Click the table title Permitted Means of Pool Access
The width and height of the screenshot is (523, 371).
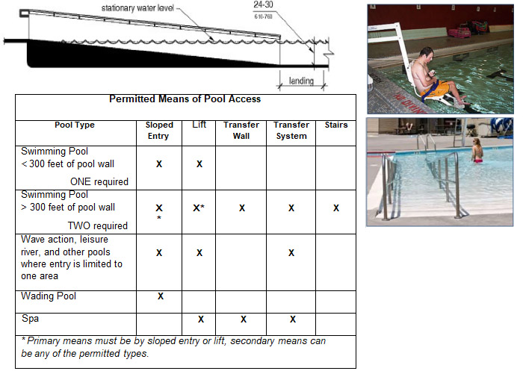[x=185, y=99]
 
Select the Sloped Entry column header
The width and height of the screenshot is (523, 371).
[x=159, y=131]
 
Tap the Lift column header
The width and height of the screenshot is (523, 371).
[x=199, y=125]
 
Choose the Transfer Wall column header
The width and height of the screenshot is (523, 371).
[x=241, y=131]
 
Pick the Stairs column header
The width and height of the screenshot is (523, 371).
[x=336, y=125]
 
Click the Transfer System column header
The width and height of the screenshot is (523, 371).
[x=291, y=131]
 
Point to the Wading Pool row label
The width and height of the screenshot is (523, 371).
[x=49, y=296]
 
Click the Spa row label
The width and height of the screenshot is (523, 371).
[x=30, y=318]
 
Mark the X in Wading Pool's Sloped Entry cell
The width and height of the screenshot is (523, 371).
[x=161, y=296]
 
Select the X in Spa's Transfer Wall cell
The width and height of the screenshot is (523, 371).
[x=244, y=319]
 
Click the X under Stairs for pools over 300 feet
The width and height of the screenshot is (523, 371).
[x=336, y=208]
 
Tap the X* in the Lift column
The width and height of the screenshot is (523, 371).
[x=199, y=208]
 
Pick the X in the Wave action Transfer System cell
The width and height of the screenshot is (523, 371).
[x=291, y=253]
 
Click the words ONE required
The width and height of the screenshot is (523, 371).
[x=99, y=181]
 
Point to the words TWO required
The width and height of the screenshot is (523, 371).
[x=98, y=225]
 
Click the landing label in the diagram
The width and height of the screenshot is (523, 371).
[x=301, y=81]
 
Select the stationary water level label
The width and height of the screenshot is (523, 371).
[x=137, y=8]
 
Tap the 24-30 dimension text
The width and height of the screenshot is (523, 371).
[x=263, y=4]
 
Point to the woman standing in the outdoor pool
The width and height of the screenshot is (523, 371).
[x=477, y=150]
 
